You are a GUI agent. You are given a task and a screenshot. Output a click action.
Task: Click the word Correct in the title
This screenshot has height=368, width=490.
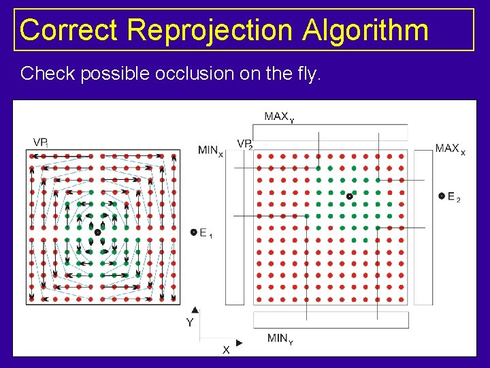(69, 30)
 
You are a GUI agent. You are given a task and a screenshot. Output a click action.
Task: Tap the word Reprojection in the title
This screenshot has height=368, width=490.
(210, 30)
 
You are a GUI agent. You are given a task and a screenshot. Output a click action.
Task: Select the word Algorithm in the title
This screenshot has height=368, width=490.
(366, 30)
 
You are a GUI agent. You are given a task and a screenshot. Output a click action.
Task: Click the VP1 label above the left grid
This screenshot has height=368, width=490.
(40, 142)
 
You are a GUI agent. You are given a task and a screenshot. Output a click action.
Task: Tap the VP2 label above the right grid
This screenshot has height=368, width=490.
(245, 144)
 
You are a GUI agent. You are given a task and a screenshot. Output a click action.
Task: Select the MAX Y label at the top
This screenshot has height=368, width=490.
(279, 117)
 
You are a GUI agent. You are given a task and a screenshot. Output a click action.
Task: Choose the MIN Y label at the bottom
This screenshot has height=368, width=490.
(280, 339)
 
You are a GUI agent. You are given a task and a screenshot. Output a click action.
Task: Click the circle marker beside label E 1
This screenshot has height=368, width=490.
(194, 232)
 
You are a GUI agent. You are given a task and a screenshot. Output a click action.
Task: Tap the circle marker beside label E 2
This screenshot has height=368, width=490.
(442, 196)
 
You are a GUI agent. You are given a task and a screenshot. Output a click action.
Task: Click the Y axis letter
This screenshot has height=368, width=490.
(190, 322)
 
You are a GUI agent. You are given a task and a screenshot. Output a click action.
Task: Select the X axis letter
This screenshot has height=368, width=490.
(226, 349)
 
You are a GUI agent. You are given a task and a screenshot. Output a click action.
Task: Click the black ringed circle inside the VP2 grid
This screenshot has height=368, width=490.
(349, 196)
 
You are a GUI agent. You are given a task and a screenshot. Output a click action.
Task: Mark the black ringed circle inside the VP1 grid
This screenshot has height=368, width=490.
(97, 232)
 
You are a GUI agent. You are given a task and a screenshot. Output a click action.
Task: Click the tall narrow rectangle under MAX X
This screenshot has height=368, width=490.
(423, 227)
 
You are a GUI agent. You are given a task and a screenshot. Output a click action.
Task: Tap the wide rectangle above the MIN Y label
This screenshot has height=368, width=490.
(331, 320)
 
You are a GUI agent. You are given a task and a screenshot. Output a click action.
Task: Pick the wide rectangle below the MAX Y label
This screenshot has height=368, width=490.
(330, 132)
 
